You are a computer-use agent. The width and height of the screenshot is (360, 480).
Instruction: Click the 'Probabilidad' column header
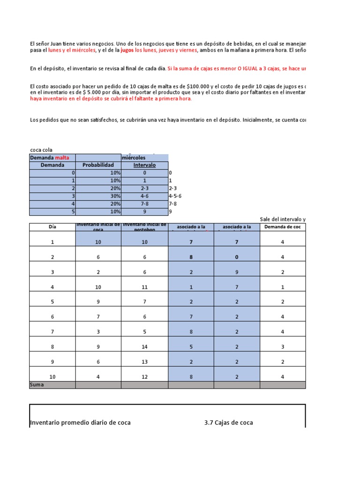[98, 165]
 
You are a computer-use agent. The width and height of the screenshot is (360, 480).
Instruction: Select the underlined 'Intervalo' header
[144, 165]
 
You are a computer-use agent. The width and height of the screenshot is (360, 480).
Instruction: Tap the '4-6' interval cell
[144, 196]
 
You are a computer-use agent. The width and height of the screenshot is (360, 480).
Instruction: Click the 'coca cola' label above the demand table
[41, 150]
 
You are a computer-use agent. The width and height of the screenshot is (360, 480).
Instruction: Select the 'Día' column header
[52, 227]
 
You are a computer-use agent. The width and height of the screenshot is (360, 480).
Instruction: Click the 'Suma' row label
[37, 385]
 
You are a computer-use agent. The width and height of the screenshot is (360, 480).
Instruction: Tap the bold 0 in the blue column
[237, 257]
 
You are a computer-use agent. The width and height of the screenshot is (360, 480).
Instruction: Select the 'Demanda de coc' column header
[282, 227]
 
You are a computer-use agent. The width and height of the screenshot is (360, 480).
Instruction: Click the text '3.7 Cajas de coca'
[229, 422]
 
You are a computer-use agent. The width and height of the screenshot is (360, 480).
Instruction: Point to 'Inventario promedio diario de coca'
[81, 422]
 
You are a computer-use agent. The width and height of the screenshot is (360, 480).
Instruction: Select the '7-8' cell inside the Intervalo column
[144, 204]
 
